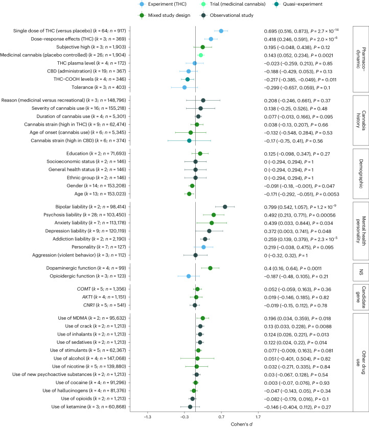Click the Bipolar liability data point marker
225,192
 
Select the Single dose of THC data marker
221,31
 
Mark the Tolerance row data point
184,88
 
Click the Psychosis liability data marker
214,200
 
